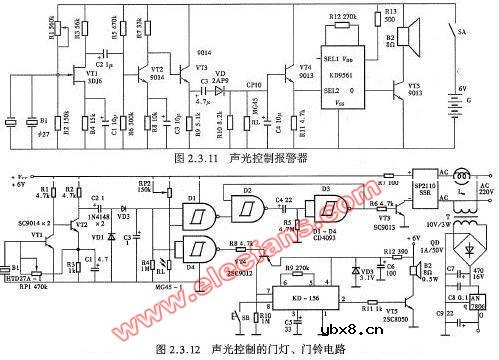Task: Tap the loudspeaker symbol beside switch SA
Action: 414,42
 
